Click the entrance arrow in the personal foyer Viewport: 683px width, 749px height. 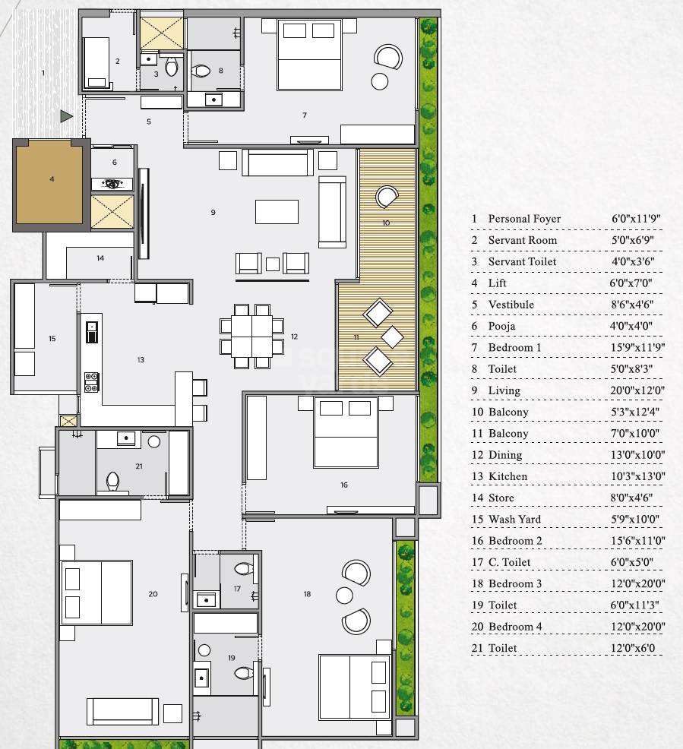pyautogui.click(x=67, y=116)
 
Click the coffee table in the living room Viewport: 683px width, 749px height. pyautogui.click(x=277, y=211)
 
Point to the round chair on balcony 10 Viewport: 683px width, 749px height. pyautogui.click(x=387, y=198)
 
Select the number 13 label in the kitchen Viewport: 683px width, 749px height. pyautogui.click(x=141, y=360)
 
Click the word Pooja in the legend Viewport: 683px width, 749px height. pyautogui.click(x=501, y=326)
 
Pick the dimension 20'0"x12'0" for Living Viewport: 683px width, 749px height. pyautogui.click(x=636, y=390)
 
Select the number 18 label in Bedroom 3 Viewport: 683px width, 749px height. pyautogui.click(x=307, y=594)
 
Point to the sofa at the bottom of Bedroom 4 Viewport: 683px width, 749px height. pyautogui.click(x=122, y=711)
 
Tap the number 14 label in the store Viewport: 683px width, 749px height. pyautogui.click(x=100, y=258)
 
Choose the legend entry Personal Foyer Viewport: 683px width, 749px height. pyautogui.click(x=523, y=219)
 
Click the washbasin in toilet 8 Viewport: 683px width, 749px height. pyautogui.click(x=214, y=99)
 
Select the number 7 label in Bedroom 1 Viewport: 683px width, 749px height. pyautogui.click(x=304, y=115)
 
